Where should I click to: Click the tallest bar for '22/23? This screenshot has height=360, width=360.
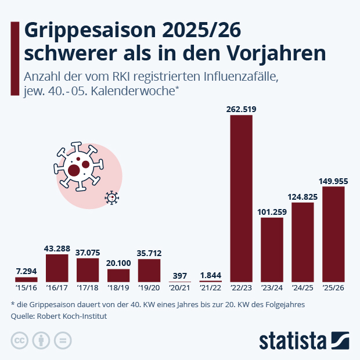[242, 198]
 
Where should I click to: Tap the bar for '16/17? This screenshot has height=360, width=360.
[57, 268]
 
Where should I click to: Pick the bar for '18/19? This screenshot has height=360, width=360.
[118, 275]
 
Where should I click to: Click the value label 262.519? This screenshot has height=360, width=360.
[242, 109]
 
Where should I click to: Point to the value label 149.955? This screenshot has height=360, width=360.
[333, 181]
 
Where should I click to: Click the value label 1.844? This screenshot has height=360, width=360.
[211, 274]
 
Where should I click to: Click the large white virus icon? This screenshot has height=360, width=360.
[79, 167]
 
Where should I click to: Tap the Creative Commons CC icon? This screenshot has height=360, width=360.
[20, 340]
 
